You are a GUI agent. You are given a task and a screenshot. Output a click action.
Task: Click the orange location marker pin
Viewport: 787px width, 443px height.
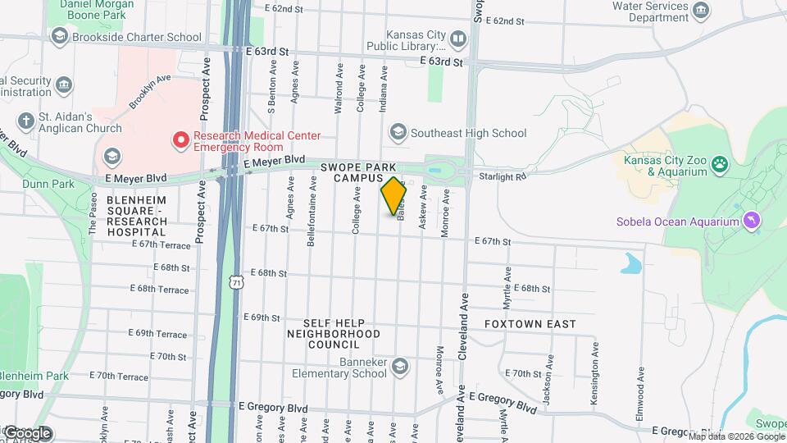394,195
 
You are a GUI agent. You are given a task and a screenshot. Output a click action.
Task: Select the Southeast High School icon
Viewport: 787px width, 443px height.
398,132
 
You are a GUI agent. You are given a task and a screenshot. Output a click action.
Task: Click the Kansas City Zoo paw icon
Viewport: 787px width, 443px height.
720,164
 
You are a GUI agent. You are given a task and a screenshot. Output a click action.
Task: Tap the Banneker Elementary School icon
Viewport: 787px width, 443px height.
399,365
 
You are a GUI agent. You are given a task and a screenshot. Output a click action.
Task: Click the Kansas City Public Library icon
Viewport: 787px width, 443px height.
458,39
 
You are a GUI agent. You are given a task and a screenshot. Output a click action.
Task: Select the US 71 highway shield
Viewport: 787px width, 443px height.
236,282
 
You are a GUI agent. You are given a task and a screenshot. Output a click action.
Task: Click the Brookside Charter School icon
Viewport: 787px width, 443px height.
59,36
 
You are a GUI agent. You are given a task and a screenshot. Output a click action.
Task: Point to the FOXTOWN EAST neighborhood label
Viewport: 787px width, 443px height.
530,324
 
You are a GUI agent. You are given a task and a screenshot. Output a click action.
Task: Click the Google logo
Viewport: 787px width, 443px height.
26,433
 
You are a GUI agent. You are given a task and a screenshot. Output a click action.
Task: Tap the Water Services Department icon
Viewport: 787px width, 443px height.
701,10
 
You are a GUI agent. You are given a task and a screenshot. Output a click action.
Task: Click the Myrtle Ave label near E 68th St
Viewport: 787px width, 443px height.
507,281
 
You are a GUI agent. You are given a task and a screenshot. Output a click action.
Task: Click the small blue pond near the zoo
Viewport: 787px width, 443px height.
631,263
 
